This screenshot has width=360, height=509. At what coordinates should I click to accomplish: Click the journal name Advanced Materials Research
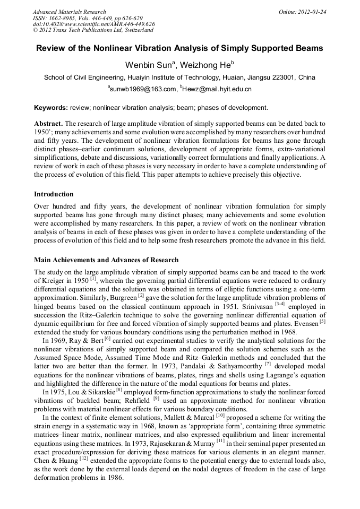(x=69, y=12)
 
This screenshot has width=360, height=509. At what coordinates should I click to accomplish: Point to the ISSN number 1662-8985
(x=62, y=18)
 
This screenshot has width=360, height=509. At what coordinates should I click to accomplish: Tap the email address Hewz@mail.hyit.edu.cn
(x=217, y=89)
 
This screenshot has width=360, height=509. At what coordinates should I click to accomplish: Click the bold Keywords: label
(x=52, y=108)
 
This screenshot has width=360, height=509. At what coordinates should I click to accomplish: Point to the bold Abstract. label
(x=48, y=123)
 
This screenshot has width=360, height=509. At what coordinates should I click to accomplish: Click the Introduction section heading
(x=54, y=194)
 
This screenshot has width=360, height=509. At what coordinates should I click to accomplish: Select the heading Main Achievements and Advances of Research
(x=106, y=260)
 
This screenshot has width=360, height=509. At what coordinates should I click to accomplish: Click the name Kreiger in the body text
(x=55, y=280)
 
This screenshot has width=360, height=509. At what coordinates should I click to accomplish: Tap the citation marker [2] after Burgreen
(x=141, y=296)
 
